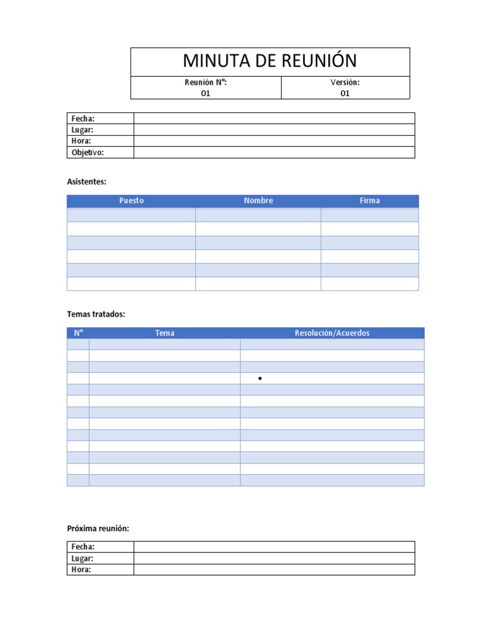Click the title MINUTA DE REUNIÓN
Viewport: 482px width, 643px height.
270,61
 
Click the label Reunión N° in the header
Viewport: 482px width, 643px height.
205,82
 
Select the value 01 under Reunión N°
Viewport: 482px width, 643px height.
205,94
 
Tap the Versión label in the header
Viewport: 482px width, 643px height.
345,82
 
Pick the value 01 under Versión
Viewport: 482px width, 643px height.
345,94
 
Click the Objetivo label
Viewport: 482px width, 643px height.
88,153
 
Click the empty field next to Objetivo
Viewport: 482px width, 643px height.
274,153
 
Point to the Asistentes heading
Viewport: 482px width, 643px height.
87,181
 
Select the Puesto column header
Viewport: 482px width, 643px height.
131,201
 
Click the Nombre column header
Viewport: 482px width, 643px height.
259,201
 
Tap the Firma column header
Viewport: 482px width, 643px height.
370,201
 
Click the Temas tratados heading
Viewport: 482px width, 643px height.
96,314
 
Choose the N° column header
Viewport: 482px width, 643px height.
78,333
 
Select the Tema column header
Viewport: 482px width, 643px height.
164,333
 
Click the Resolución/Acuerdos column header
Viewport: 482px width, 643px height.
332,333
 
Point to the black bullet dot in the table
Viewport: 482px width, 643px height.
259,379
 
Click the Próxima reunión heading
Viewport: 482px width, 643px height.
98,529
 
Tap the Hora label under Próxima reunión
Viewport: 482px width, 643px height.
82,570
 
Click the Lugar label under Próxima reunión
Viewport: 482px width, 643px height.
83,558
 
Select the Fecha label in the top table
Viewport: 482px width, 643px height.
83,119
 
